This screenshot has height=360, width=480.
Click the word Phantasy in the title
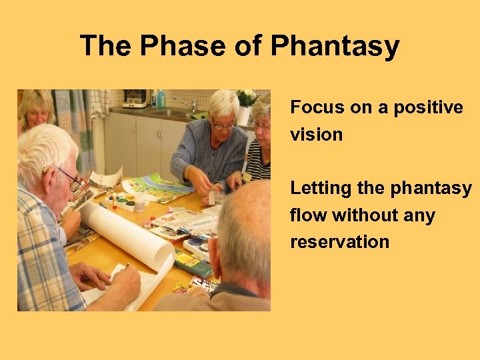335,47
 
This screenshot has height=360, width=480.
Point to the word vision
316,135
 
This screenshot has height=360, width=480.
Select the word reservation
339,242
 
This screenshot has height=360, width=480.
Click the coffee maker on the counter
136,99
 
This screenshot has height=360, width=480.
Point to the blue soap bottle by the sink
160,99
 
